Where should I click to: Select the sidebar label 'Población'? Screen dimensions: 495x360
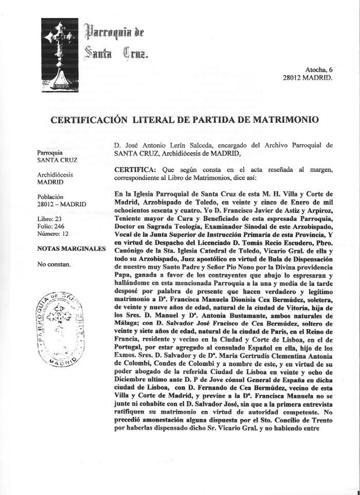(51, 196)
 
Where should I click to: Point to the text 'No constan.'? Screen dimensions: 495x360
(54, 265)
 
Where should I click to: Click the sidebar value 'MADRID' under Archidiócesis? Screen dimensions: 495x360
(50, 182)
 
